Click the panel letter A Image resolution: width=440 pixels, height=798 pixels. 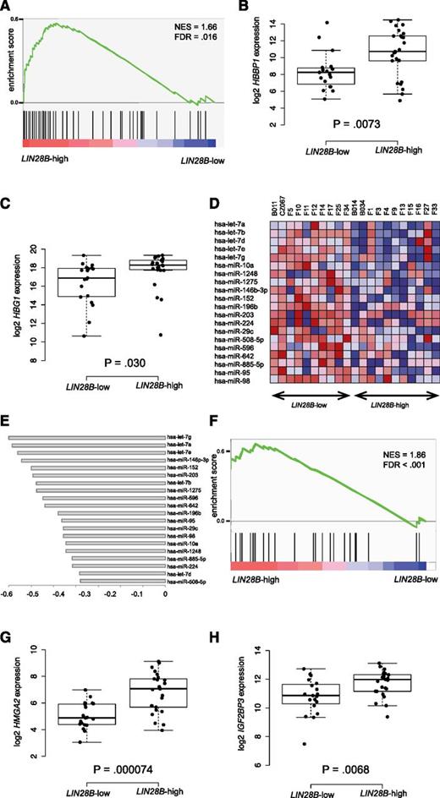pos(8,8)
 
